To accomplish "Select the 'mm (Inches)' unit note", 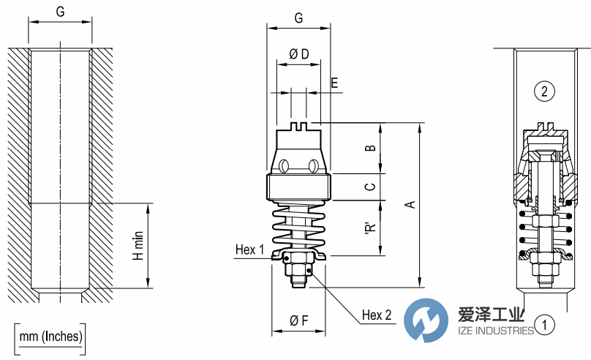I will point(50,337).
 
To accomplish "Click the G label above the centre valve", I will point(298,18).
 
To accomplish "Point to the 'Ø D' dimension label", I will point(298,54).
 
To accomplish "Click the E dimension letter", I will point(334,83).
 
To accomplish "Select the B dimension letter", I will point(371,149).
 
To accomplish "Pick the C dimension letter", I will point(371,187).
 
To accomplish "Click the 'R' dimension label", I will point(371,228).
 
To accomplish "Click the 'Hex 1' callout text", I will point(249,250).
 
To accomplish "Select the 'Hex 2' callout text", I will point(377,315).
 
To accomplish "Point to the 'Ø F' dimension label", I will point(298,320).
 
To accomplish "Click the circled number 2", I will point(544,91).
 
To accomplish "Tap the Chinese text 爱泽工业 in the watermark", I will point(492,315).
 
